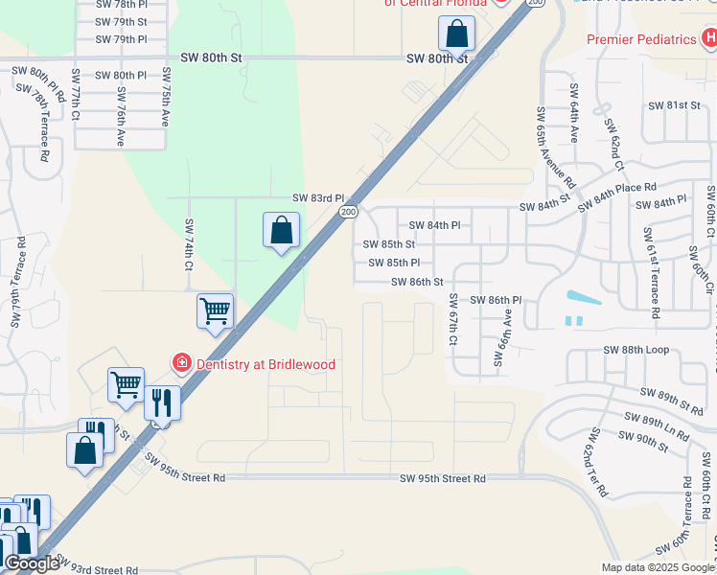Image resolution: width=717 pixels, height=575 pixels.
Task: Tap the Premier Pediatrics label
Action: point(641,39)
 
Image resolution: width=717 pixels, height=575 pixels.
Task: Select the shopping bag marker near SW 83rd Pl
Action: point(281,231)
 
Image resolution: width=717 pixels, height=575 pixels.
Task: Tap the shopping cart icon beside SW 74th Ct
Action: point(216,310)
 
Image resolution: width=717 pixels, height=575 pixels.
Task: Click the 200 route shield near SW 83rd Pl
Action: point(348,211)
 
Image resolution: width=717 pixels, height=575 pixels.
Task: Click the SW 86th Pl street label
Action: point(496,300)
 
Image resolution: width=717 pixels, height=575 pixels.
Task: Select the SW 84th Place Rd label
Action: point(616,194)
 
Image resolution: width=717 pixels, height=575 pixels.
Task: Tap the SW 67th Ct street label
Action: point(453,320)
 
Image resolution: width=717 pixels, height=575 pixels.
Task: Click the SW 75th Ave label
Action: point(166,97)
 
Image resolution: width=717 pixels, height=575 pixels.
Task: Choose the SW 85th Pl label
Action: point(394,263)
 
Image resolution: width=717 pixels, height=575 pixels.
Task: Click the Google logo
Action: point(32,563)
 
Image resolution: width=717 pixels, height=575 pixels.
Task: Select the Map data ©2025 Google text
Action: point(657,567)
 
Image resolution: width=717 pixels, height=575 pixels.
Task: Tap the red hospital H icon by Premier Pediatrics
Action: point(708,39)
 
